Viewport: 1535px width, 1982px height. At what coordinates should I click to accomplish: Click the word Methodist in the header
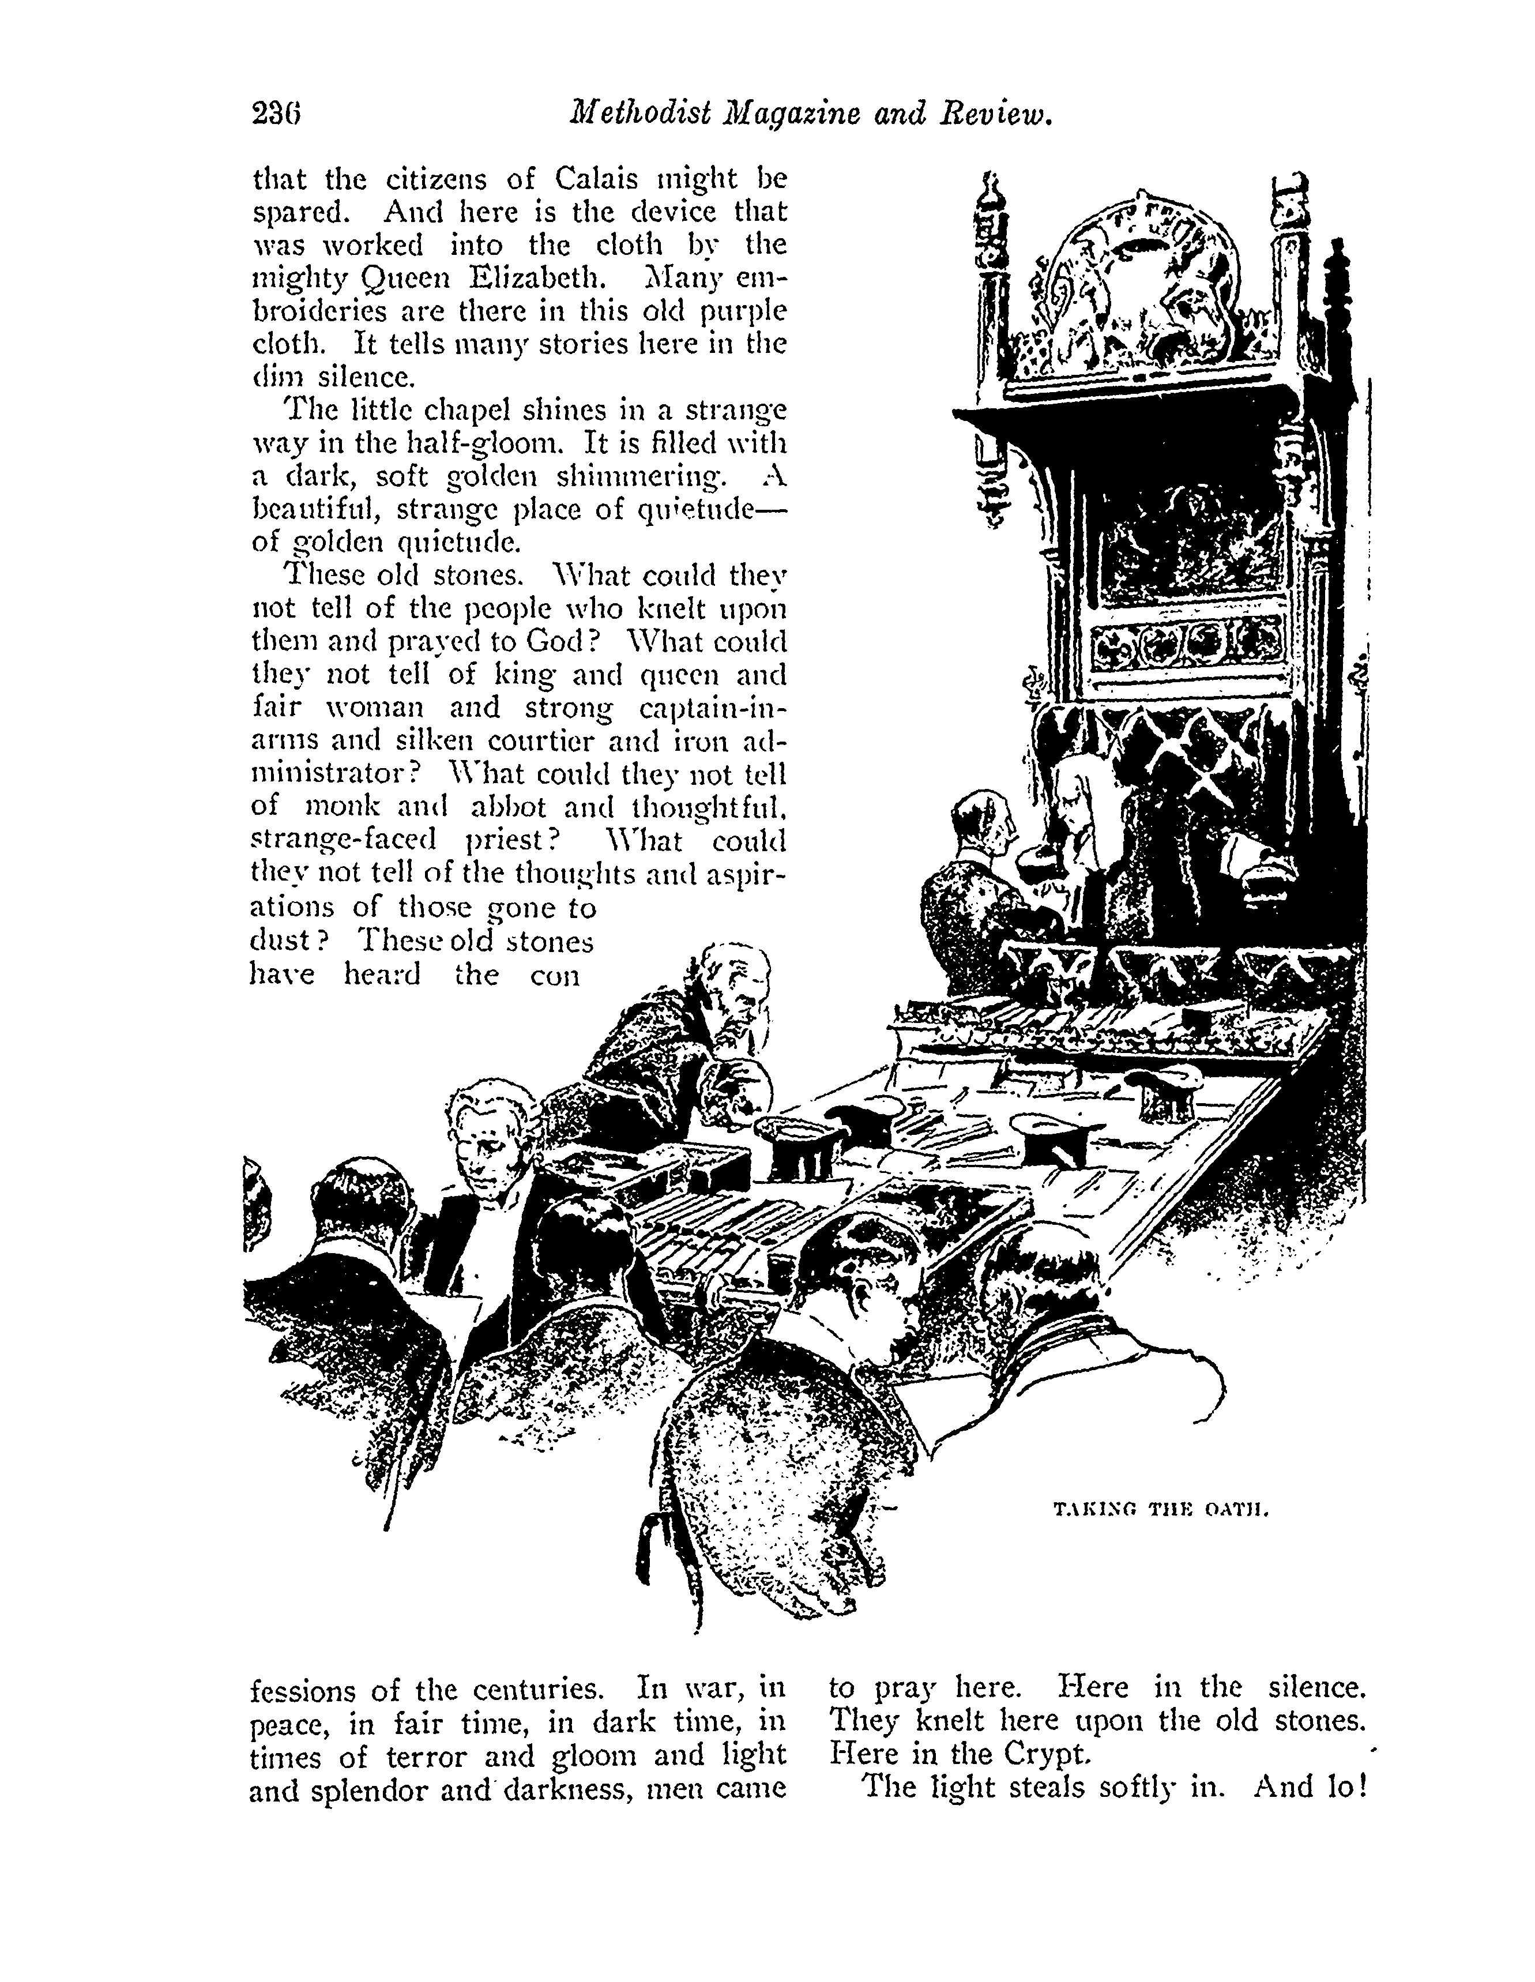tap(639, 116)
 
